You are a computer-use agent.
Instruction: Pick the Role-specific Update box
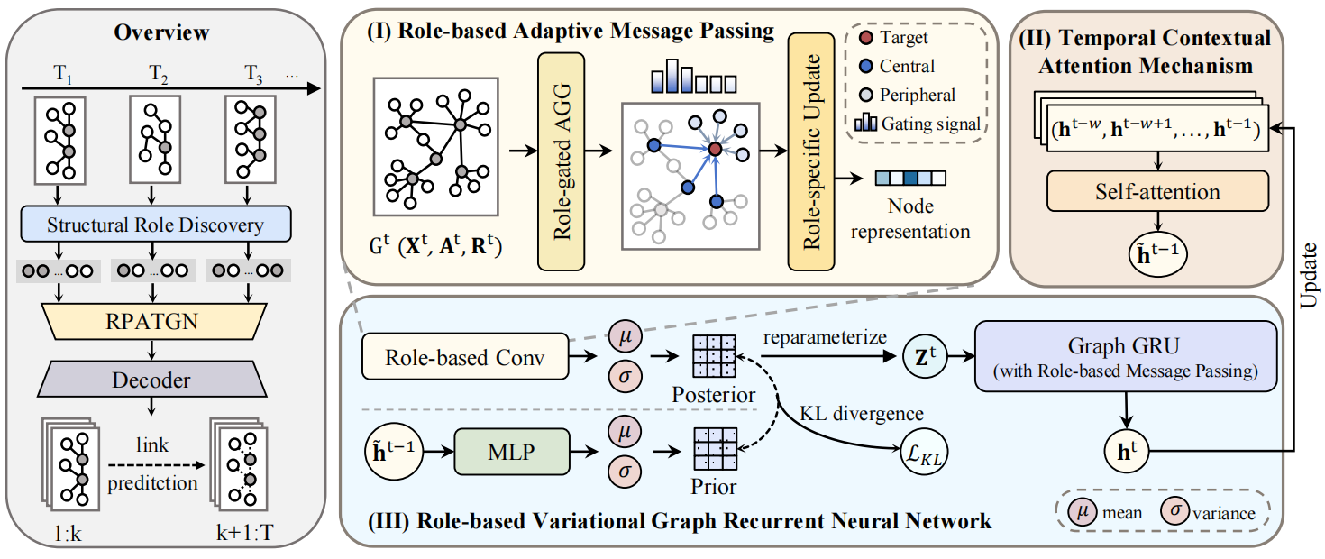[811, 151]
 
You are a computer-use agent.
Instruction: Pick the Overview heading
[162, 33]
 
